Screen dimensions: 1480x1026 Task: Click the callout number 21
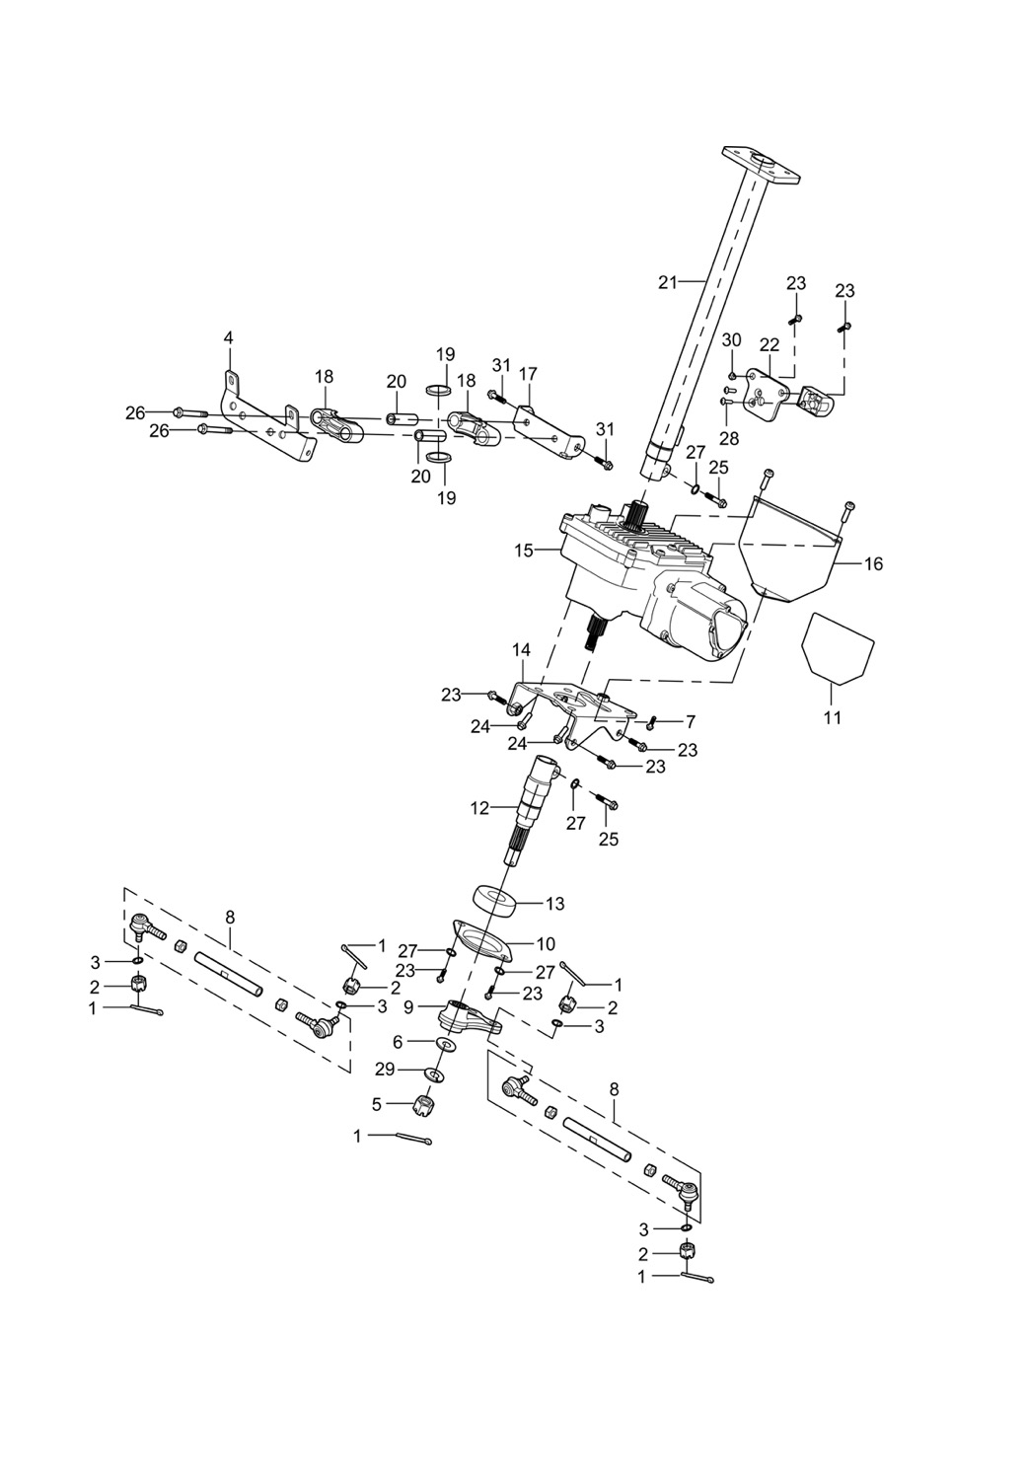click(668, 283)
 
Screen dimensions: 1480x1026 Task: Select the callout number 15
click(524, 550)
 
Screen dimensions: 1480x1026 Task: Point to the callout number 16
click(873, 564)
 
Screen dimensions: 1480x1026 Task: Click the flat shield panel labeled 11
click(837, 646)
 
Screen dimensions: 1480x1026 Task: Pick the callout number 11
click(833, 717)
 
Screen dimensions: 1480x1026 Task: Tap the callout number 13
click(555, 904)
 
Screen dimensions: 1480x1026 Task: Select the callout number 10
click(546, 944)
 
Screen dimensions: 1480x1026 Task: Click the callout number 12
click(480, 809)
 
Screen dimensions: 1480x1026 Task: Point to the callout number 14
click(521, 650)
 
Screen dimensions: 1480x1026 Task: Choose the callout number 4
click(229, 337)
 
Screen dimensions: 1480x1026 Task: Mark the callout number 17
click(529, 374)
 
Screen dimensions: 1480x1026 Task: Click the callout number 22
click(769, 344)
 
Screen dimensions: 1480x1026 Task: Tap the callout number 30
click(731, 339)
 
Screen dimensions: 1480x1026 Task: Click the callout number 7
click(691, 721)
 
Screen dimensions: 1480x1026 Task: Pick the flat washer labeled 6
click(443, 1044)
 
